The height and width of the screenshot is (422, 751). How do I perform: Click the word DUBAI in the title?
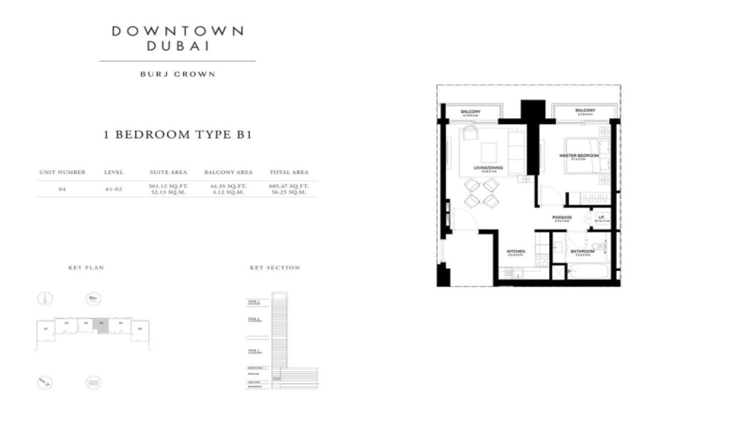[178, 46]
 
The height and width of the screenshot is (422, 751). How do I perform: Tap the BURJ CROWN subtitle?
[178, 74]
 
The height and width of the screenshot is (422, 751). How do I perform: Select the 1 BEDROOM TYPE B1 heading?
[178, 135]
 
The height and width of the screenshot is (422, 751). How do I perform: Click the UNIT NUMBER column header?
[62, 172]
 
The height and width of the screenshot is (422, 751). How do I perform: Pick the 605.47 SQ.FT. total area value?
[289, 186]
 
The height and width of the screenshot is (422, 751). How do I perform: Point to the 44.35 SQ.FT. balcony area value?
[228, 186]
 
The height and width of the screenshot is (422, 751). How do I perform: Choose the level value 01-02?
[113, 190]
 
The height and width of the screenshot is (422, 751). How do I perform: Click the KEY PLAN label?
[86, 268]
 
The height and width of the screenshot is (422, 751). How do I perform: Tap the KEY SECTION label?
[275, 268]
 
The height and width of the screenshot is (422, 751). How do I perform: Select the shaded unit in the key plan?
[101, 324]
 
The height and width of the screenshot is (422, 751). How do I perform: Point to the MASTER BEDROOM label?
[579, 156]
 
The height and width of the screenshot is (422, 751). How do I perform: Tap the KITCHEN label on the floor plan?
[515, 251]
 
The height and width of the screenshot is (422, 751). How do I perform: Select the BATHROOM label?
[582, 252]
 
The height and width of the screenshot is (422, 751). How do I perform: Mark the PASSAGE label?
[562, 218]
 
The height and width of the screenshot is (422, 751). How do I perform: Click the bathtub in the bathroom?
[588, 271]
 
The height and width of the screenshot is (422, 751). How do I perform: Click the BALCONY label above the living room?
[471, 112]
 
